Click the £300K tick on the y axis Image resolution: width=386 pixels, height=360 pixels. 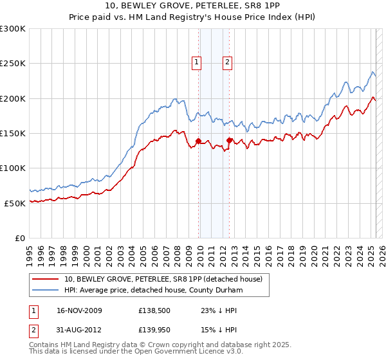pos(13,29)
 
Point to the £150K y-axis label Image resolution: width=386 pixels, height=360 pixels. pos(13,133)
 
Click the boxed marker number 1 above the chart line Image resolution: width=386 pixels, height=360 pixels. pos(196,62)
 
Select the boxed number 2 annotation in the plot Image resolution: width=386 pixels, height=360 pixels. pos(228,62)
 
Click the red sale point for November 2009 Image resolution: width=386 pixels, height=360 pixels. pos(198,141)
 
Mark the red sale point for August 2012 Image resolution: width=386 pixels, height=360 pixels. pos(230,140)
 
